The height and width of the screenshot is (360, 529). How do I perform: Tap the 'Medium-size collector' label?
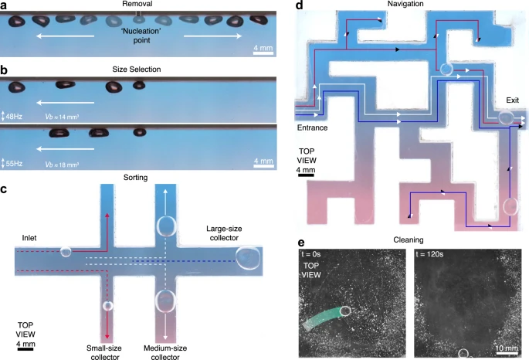click(x=171, y=341)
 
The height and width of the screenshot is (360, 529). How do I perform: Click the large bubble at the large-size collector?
click(x=248, y=258)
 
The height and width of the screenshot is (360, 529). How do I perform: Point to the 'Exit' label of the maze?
click(x=512, y=101)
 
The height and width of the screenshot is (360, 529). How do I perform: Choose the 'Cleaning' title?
click(x=407, y=240)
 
